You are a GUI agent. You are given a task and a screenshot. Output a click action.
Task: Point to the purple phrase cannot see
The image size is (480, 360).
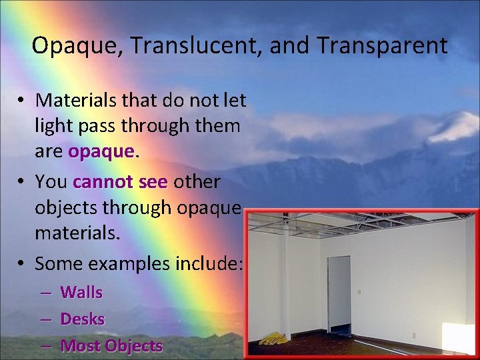click(120, 181)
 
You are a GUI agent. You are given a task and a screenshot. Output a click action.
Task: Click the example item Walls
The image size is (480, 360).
click(81, 292)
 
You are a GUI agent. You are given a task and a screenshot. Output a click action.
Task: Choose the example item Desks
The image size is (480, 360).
click(83, 319)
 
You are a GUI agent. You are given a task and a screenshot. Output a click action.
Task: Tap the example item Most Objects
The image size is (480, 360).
click(111, 346)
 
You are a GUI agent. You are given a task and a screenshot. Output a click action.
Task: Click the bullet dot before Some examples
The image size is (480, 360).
click(23, 264)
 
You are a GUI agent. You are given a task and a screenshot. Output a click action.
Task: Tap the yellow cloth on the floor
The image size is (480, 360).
click(274, 339)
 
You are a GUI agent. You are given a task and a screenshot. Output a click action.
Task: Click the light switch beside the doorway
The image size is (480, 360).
click(359, 291)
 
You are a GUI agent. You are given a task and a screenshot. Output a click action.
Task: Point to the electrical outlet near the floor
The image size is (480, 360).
click(413, 335)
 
